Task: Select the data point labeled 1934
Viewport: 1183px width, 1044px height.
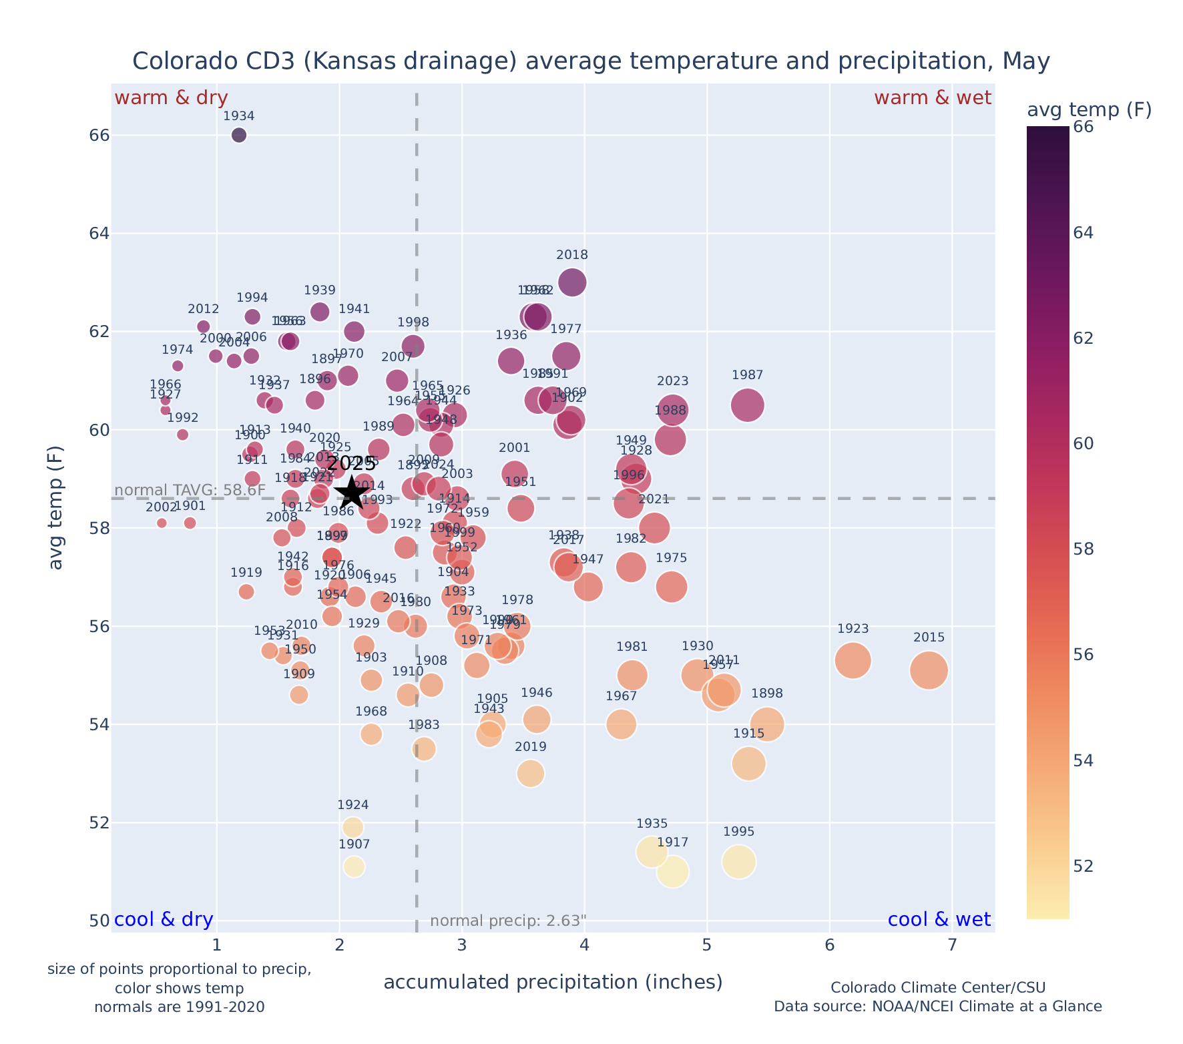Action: (x=239, y=136)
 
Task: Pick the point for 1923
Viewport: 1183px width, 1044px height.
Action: (x=853, y=661)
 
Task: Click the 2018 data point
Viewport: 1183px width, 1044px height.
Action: (x=572, y=282)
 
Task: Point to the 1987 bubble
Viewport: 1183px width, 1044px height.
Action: (x=748, y=405)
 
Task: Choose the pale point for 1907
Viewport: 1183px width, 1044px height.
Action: (x=354, y=866)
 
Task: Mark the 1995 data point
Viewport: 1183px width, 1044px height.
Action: (x=738, y=862)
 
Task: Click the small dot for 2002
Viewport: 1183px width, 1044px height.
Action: (x=162, y=523)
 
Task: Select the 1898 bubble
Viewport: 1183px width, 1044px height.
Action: (x=767, y=724)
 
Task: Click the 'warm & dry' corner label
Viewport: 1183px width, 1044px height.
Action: (x=171, y=98)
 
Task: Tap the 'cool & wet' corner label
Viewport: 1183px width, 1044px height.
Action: (x=939, y=920)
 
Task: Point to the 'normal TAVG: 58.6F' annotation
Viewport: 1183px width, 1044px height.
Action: (x=190, y=491)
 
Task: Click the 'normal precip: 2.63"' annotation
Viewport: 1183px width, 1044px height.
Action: (x=508, y=921)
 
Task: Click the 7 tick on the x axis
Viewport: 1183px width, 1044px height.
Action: (x=952, y=946)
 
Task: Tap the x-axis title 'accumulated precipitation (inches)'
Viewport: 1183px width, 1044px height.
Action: (x=553, y=982)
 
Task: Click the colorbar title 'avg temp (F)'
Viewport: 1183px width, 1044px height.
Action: (x=1089, y=110)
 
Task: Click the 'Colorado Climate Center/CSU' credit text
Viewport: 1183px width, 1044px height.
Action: (x=937, y=987)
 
